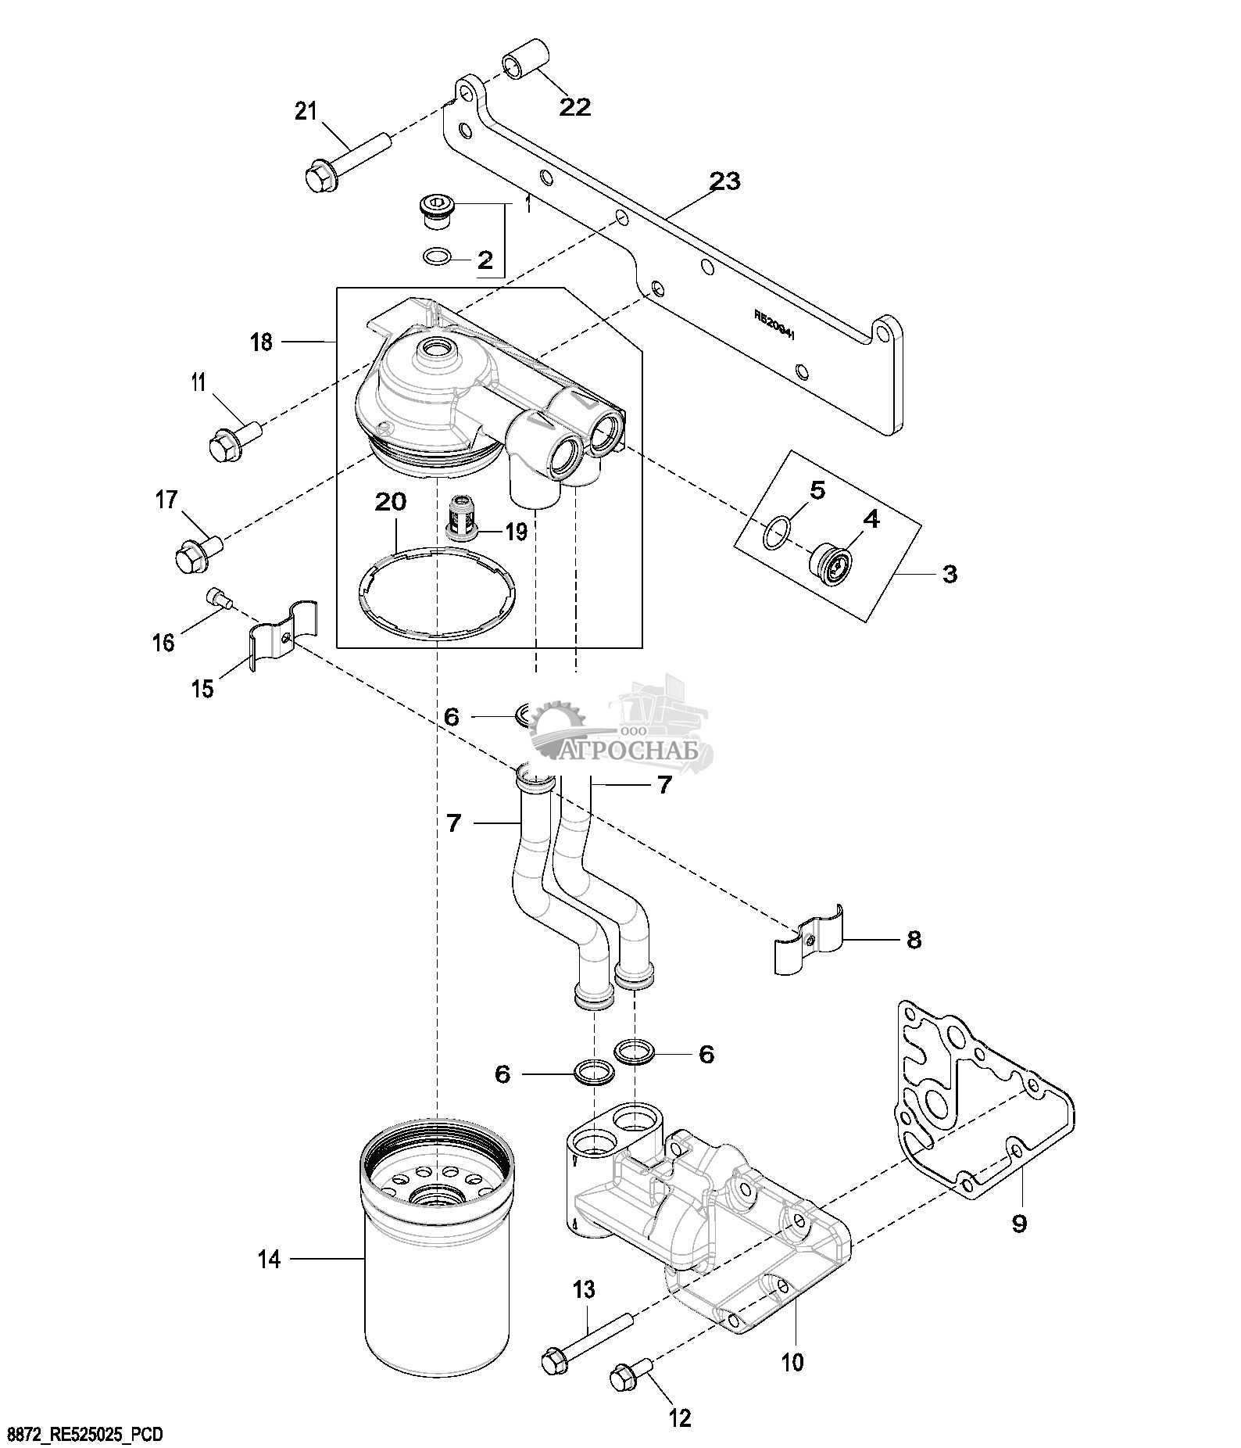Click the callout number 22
574,106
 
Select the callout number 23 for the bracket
724,181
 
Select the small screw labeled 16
220,600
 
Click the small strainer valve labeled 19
460,518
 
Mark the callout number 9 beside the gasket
1019,1223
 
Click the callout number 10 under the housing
792,1362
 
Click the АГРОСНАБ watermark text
638,751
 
